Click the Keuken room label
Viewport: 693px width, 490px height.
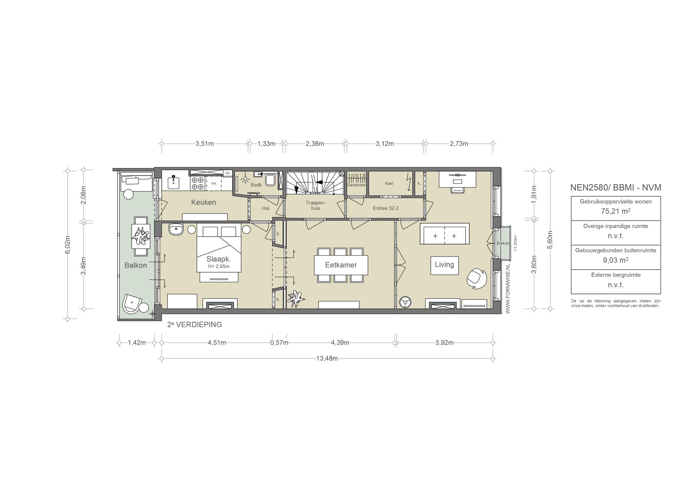tap(203, 202)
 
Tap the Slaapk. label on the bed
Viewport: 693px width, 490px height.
tap(219, 259)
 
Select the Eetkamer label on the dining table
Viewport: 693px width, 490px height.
tap(341, 265)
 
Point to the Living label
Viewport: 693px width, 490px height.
tap(444, 264)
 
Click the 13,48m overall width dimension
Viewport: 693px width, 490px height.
tap(327, 359)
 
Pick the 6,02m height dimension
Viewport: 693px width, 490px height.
tap(68, 244)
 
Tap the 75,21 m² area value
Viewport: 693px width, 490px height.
tap(616, 211)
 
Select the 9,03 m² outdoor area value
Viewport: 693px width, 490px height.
tap(616, 260)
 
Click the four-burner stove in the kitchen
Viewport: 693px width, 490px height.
tap(198, 183)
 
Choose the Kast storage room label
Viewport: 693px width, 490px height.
tap(389, 183)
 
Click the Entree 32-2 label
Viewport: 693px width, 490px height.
tap(386, 208)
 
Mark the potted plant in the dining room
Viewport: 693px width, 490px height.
tap(296, 298)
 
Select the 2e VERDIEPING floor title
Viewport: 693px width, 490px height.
tap(195, 325)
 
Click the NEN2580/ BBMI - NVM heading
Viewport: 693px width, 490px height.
tap(616, 187)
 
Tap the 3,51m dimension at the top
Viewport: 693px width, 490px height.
tap(205, 144)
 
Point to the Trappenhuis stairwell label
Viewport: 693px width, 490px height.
tap(315, 205)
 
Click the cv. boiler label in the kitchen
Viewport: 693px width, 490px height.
tap(228, 173)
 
